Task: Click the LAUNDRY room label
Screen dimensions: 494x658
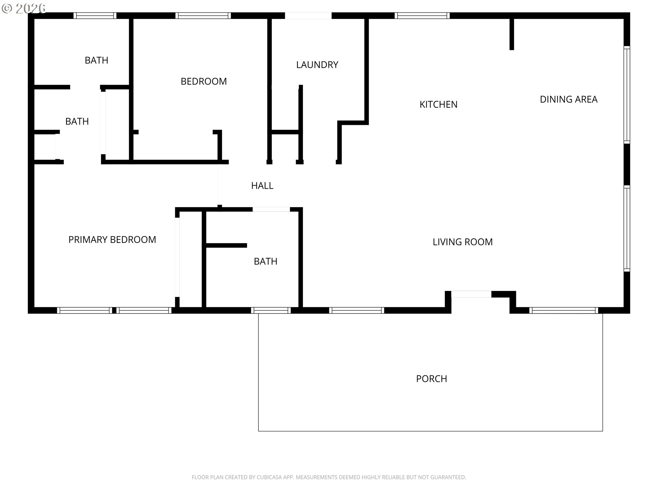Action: point(317,65)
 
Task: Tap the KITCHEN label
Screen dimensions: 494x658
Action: point(438,104)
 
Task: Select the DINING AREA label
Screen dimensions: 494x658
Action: point(569,99)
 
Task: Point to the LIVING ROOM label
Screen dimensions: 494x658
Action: point(462,242)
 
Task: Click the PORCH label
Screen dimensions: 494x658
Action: point(431,379)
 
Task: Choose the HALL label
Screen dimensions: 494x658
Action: point(262,186)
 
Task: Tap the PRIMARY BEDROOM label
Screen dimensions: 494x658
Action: point(112,239)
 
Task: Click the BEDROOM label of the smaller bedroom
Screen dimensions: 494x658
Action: point(204,81)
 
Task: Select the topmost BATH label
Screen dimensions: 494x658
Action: point(96,60)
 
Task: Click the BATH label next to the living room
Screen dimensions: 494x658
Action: point(265,261)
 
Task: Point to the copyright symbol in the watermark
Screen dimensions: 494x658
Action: point(7,8)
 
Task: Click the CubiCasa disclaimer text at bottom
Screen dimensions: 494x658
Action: point(329,477)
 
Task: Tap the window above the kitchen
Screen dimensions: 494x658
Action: point(422,15)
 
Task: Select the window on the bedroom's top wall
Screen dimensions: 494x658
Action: point(203,15)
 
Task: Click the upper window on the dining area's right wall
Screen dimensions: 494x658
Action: point(626,94)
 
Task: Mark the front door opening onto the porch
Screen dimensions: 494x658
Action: point(471,294)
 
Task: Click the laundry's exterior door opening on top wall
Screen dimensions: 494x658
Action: point(308,15)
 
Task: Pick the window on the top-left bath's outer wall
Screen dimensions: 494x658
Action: point(95,15)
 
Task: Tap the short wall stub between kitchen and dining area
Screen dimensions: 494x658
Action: point(512,34)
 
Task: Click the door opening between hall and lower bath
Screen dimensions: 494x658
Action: point(271,209)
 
